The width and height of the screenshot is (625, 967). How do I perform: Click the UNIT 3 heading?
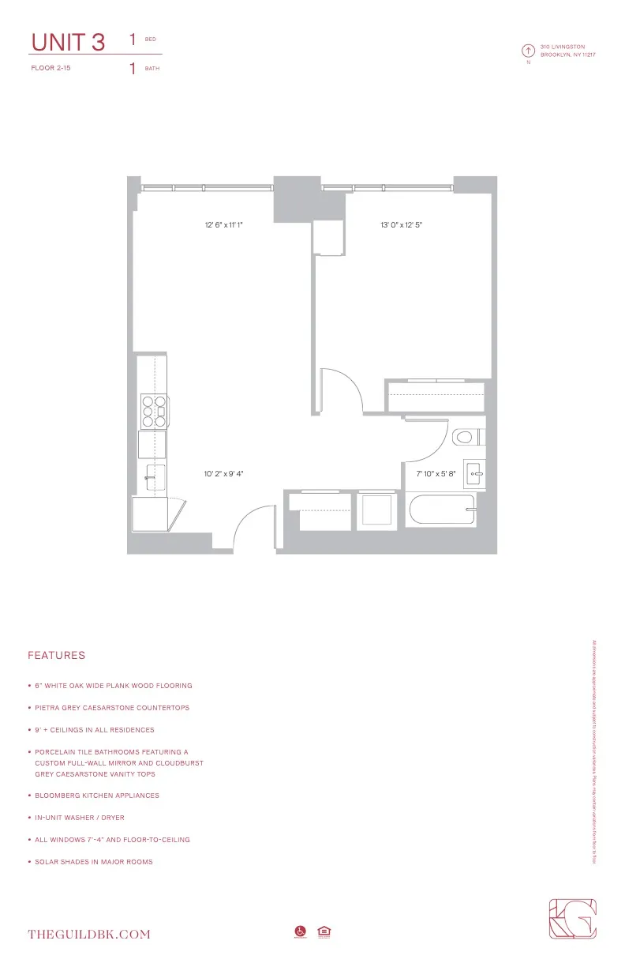tap(67, 43)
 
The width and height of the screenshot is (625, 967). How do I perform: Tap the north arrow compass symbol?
tap(528, 51)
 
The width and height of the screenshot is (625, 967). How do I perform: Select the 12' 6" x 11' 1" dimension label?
tap(223, 225)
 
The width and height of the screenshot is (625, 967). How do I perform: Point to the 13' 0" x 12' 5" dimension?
tap(401, 225)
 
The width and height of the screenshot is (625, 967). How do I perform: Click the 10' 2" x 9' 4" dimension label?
tap(223, 474)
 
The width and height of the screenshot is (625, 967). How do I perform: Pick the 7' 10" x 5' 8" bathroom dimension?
tap(436, 474)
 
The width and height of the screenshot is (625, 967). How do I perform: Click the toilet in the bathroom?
tap(466, 436)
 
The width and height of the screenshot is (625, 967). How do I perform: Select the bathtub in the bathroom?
tap(442, 510)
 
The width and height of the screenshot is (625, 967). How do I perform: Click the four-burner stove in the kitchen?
tap(154, 411)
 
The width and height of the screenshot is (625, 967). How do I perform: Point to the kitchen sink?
tap(153, 474)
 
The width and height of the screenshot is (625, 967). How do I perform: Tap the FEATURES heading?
tap(56, 656)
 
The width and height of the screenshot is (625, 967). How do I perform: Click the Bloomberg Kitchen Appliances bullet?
tap(96, 796)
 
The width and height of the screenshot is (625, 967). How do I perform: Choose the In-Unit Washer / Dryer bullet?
tap(79, 818)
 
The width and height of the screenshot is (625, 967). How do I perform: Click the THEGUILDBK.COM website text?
tap(88, 935)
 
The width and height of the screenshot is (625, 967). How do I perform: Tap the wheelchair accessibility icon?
tap(300, 933)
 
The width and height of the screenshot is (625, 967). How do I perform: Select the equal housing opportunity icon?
tap(323, 933)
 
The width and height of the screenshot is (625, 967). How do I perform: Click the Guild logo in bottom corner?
tap(572, 921)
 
